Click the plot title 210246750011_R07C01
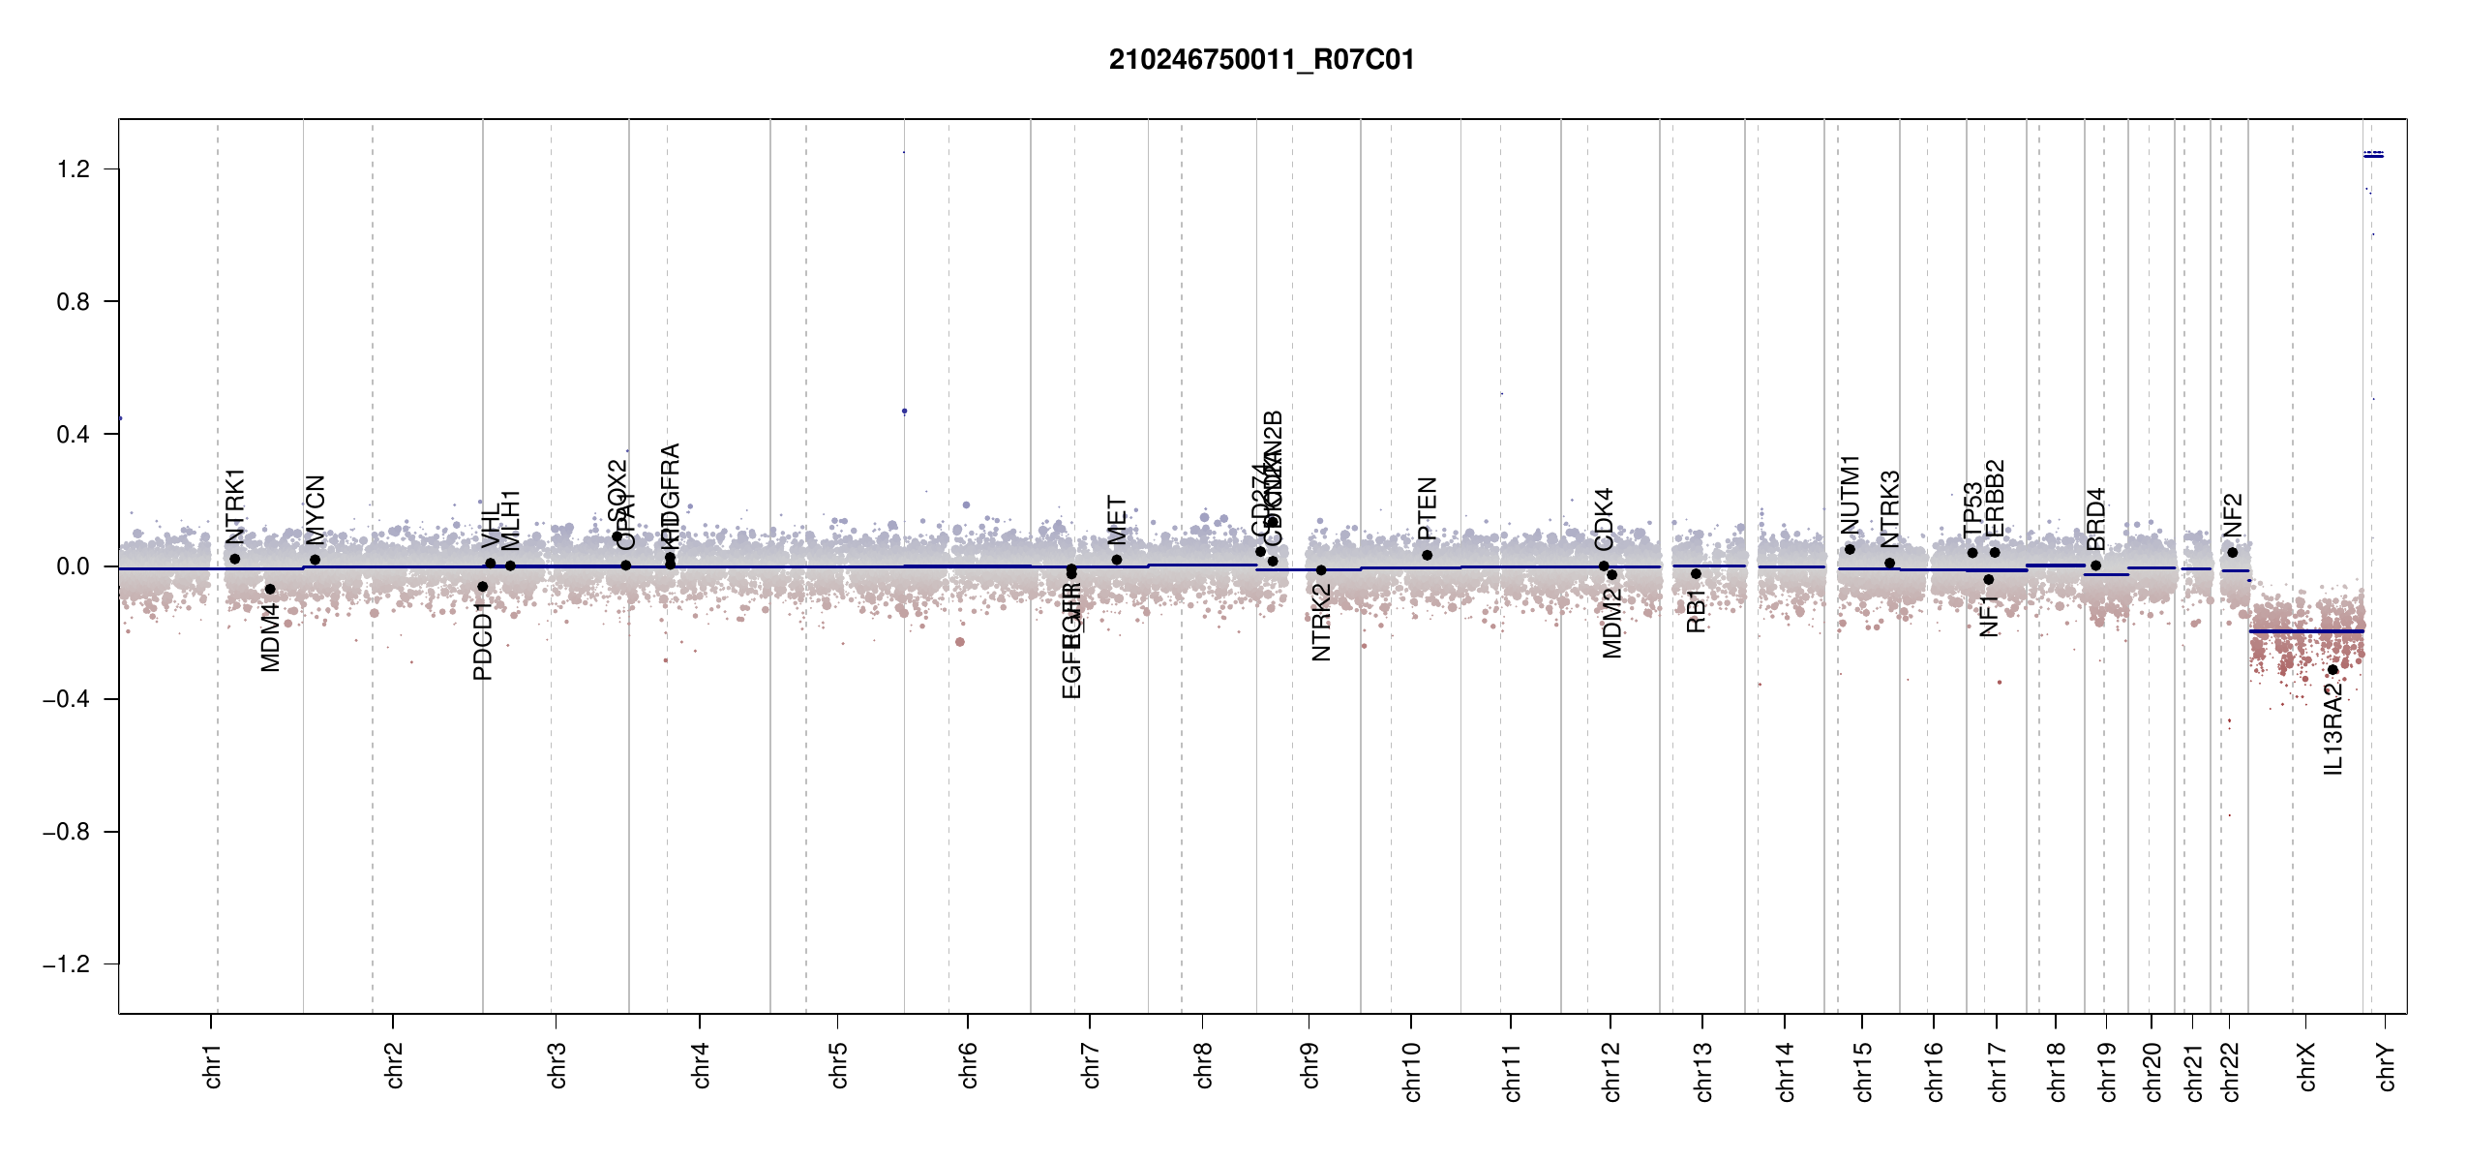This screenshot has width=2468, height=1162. click(x=1261, y=60)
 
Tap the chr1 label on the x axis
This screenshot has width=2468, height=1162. click(x=213, y=1065)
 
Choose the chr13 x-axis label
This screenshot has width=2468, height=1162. click(x=1703, y=1071)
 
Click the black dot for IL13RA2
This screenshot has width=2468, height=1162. click(x=2333, y=670)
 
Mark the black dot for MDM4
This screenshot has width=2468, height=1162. click(x=270, y=590)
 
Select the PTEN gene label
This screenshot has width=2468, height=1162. click(x=1427, y=508)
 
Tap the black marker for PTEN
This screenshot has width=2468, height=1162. click(x=1427, y=555)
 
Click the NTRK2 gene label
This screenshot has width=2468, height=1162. click(x=1321, y=623)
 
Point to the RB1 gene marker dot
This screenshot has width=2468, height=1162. click(x=1696, y=574)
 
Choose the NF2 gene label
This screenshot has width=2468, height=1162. click(x=2232, y=515)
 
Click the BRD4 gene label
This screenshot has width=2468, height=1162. click(x=2095, y=519)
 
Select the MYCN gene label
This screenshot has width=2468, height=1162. click(x=316, y=510)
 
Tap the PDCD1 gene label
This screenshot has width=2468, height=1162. click(x=483, y=640)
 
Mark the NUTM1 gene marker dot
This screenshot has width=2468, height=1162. click(x=1850, y=549)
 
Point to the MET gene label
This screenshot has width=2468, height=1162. click(x=1117, y=520)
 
